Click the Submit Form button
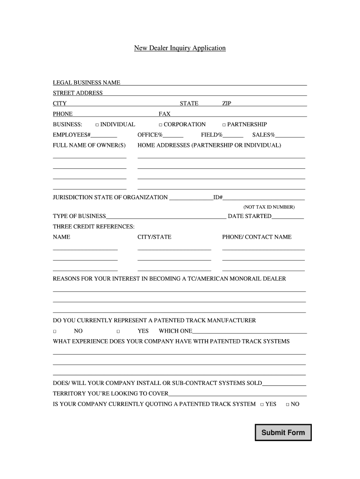(x=283, y=433)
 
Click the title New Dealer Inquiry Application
(x=180, y=48)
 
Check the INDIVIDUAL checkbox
(x=97, y=125)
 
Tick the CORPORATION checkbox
(x=160, y=125)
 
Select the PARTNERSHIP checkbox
(x=223, y=125)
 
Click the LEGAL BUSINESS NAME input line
(x=213, y=84)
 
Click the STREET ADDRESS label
(x=78, y=93)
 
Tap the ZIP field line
(x=269, y=105)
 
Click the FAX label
(x=165, y=114)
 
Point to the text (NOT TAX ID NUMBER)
(x=269, y=207)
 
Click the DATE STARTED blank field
(x=288, y=218)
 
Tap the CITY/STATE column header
(x=154, y=237)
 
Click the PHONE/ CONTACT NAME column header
(x=257, y=237)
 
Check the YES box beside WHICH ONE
(x=118, y=331)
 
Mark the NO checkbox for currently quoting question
(x=287, y=405)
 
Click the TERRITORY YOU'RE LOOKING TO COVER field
(x=237, y=395)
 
